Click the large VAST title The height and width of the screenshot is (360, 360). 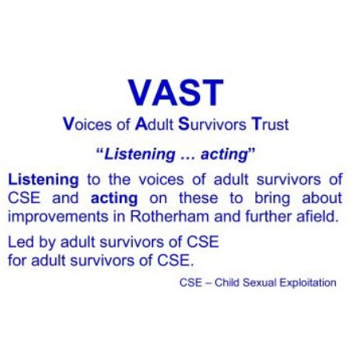175,93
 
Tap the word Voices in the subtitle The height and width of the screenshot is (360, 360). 87,124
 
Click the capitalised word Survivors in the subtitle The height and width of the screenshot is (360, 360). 212,124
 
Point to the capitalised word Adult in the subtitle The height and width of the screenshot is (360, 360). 154,124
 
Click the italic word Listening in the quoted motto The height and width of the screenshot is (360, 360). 140,154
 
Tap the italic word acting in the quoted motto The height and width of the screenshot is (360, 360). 225,154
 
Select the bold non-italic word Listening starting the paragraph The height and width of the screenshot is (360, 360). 43,180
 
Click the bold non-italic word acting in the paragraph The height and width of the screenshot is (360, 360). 114,198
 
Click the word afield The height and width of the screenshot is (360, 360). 318,216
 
